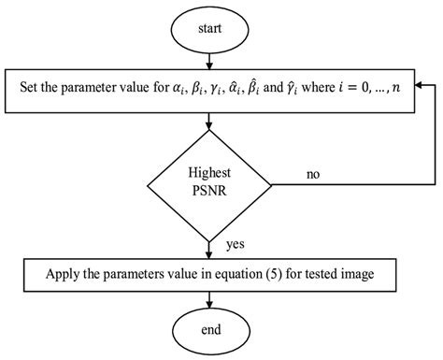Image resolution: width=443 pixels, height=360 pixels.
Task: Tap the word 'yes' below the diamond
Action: [x=235, y=246]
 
